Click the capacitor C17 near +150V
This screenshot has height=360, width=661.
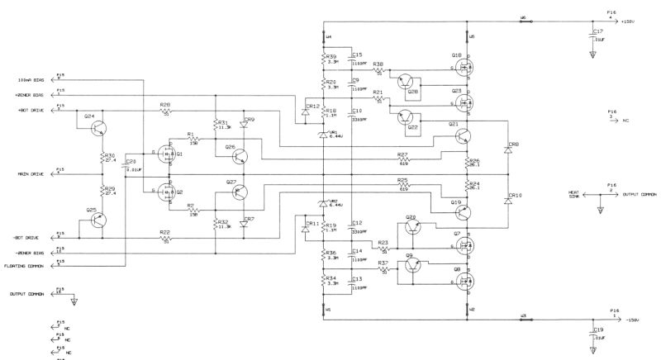(592, 37)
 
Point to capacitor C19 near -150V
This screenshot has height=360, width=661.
(592, 334)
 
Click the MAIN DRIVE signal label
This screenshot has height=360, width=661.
(31, 173)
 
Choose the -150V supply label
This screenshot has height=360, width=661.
(632, 319)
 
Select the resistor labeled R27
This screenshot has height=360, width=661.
(403, 159)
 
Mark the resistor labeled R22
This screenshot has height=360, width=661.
(166, 237)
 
